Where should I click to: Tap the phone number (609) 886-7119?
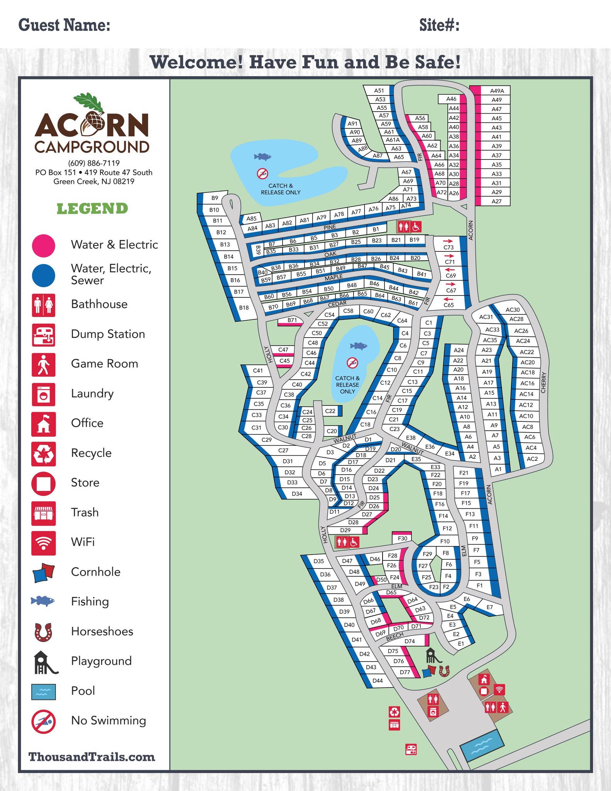tap(94, 163)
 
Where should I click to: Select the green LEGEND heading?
tap(92, 209)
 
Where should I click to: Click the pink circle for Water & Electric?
tap(44, 246)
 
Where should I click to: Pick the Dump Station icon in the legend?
tap(44, 335)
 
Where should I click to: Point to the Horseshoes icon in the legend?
tap(44, 632)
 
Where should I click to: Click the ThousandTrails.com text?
tap(92, 757)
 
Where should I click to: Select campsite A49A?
tap(497, 91)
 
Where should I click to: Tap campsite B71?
tap(292, 320)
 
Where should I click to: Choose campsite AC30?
tap(513, 309)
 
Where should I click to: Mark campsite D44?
tap(377, 681)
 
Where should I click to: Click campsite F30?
tap(402, 538)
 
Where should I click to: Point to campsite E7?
tap(489, 607)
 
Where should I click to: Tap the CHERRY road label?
tap(544, 382)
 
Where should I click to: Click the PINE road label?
tap(330, 227)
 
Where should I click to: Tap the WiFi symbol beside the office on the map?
tap(499, 689)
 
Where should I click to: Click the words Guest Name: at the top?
tap(64, 25)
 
